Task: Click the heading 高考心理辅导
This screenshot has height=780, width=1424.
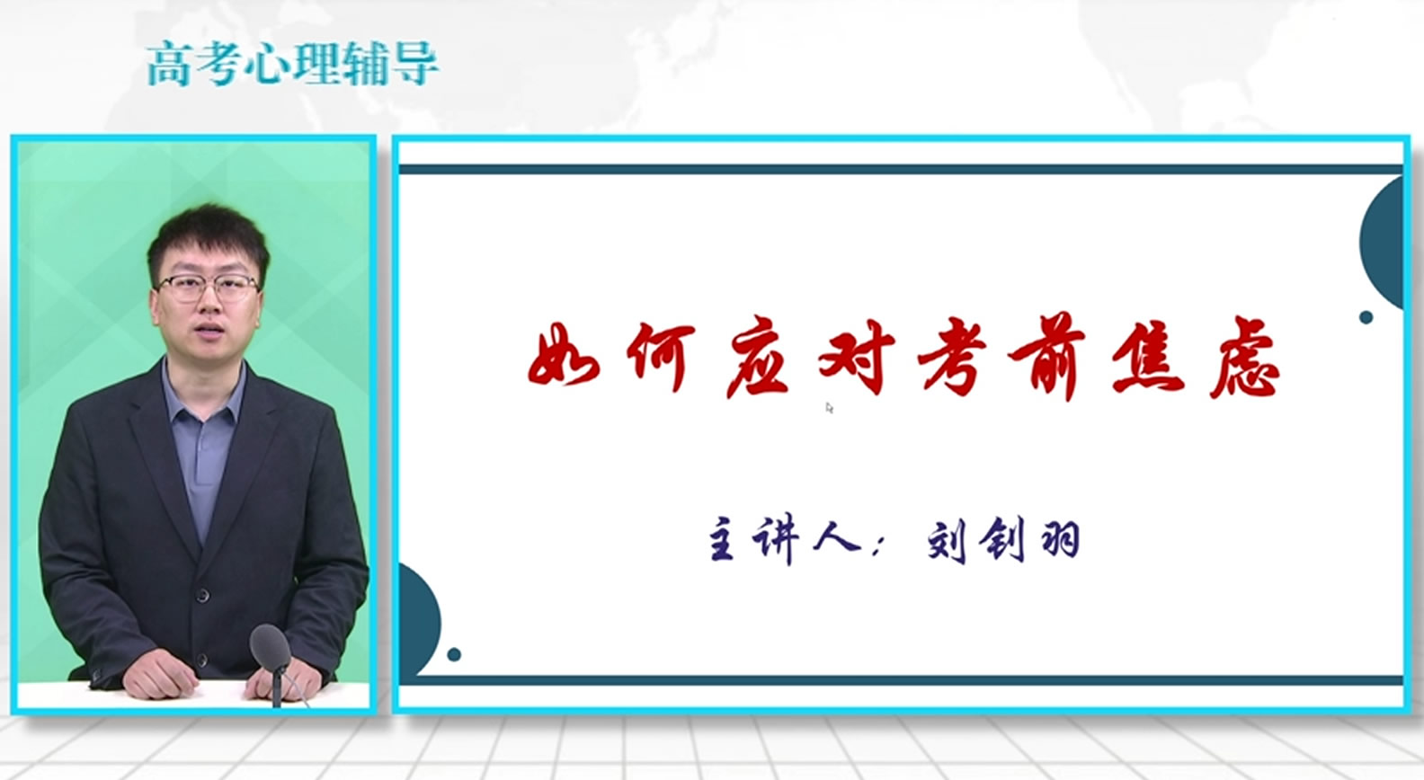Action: (292, 64)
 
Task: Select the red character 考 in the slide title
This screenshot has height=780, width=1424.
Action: (952, 358)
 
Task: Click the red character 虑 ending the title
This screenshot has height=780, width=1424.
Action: (1244, 359)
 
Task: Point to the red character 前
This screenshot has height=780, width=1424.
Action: (1046, 357)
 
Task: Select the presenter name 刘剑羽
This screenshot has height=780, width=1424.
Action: (1003, 542)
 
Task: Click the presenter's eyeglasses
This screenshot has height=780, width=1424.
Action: (208, 288)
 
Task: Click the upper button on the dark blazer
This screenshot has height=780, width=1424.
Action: (203, 596)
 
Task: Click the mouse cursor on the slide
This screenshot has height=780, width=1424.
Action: (829, 408)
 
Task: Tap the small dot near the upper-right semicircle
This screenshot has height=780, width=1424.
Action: (1366, 317)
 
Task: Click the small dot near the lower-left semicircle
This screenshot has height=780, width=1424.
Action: (454, 654)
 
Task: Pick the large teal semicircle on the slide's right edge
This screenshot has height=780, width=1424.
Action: (1382, 243)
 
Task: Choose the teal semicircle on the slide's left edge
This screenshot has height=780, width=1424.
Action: (419, 620)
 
